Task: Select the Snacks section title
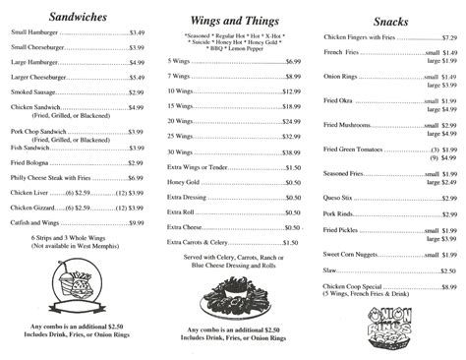[x=391, y=21]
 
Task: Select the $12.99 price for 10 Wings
[x=291, y=90]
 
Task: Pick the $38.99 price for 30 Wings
[x=291, y=152]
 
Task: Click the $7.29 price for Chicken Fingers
[x=448, y=36]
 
